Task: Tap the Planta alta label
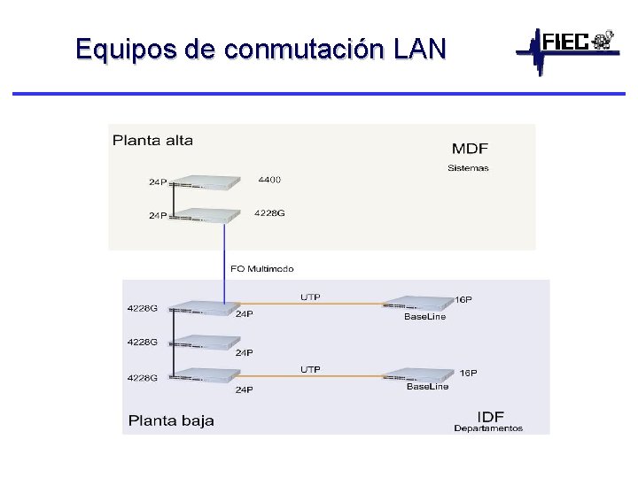pyautogui.click(x=152, y=140)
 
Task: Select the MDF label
pyautogui.click(x=470, y=149)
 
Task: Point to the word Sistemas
pyautogui.click(x=468, y=168)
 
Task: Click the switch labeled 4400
pyautogui.click(x=206, y=182)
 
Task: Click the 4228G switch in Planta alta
pyautogui.click(x=206, y=215)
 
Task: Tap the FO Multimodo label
pyautogui.click(x=261, y=268)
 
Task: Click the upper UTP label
pyautogui.click(x=310, y=297)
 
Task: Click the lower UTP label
pyautogui.click(x=310, y=369)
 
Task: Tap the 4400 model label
pyautogui.click(x=269, y=180)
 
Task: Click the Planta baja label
pyautogui.click(x=171, y=420)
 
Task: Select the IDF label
pyautogui.click(x=491, y=416)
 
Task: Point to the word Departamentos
pyautogui.click(x=488, y=429)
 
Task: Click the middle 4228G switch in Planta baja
pyautogui.click(x=206, y=343)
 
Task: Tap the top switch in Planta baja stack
pyautogui.click(x=206, y=308)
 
